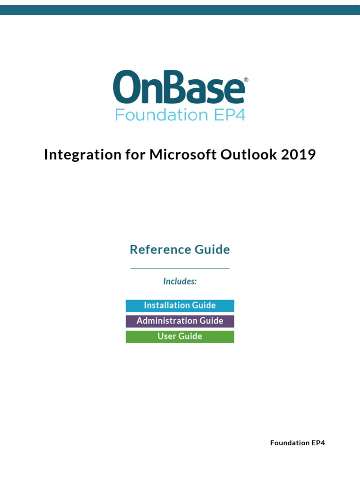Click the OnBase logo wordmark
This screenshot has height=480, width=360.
click(x=179, y=87)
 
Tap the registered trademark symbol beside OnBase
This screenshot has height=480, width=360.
click(x=246, y=80)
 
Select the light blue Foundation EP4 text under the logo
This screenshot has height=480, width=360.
click(x=180, y=115)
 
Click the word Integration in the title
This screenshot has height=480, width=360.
click(x=82, y=155)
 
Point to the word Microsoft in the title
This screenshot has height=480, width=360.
click(x=183, y=154)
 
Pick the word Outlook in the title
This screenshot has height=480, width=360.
click(x=248, y=154)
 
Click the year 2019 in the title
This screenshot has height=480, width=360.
click(x=298, y=154)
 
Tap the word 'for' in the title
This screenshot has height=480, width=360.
click(x=135, y=154)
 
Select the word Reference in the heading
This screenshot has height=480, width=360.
click(x=160, y=249)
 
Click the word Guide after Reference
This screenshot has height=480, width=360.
click(x=212, y=249)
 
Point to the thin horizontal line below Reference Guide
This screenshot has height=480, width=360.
click(x=180, y=269)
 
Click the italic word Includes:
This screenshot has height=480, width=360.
click(x=180, y=281)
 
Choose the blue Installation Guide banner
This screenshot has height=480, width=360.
click(x=180, y=306)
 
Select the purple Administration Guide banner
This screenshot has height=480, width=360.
click(x=180, y=321)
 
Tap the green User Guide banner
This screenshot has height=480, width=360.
click(x=180, y=337)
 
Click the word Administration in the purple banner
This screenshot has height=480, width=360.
click(x=167, y=321)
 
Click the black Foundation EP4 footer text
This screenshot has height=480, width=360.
click(x=298, y=443)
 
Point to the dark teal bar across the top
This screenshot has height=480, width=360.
click(x=180, y=10)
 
